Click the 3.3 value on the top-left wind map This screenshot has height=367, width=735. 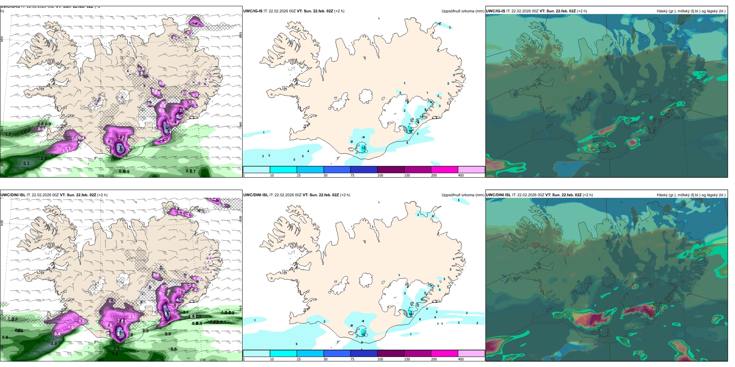tap(26, 163)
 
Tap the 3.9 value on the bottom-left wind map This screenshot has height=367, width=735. tap(54, 343)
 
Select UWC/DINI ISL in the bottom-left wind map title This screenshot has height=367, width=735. tap(13, 195)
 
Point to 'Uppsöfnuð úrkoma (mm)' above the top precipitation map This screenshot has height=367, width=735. tap(463, 11)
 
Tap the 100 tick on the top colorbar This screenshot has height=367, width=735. tap(380, 175)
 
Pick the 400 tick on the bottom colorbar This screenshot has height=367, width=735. tap(461, 359)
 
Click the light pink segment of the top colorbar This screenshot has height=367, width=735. tap(471, 170)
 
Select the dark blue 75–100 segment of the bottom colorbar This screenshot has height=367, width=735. tap(364, 353)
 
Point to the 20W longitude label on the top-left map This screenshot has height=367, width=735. tap(101, 176)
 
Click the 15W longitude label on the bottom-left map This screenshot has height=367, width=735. tap(202, 360)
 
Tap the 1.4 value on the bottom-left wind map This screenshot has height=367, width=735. tap(115, 354)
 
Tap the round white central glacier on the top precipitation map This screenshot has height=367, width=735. tap(366, 96)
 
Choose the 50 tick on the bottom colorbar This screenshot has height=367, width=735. tap(325, 359)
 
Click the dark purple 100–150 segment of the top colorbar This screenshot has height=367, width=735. tap(391, 170)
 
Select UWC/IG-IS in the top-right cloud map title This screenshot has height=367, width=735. tap(496, 11)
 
